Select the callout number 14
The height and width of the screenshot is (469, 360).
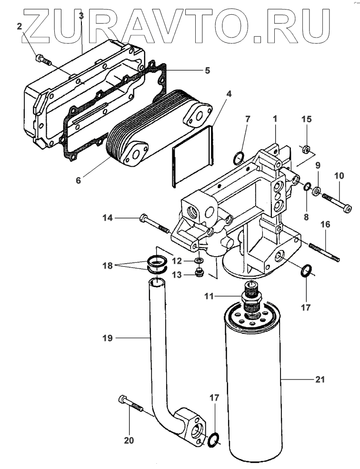tap(108, 218)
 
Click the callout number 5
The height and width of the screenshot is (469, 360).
tap(208, 70)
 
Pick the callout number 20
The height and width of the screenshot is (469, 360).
tap(129, 440)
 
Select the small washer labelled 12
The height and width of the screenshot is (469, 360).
tap(199, 260)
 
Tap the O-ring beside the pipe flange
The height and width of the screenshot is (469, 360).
tap(214, 439)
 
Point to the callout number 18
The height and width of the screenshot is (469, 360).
tap(108, 266)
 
